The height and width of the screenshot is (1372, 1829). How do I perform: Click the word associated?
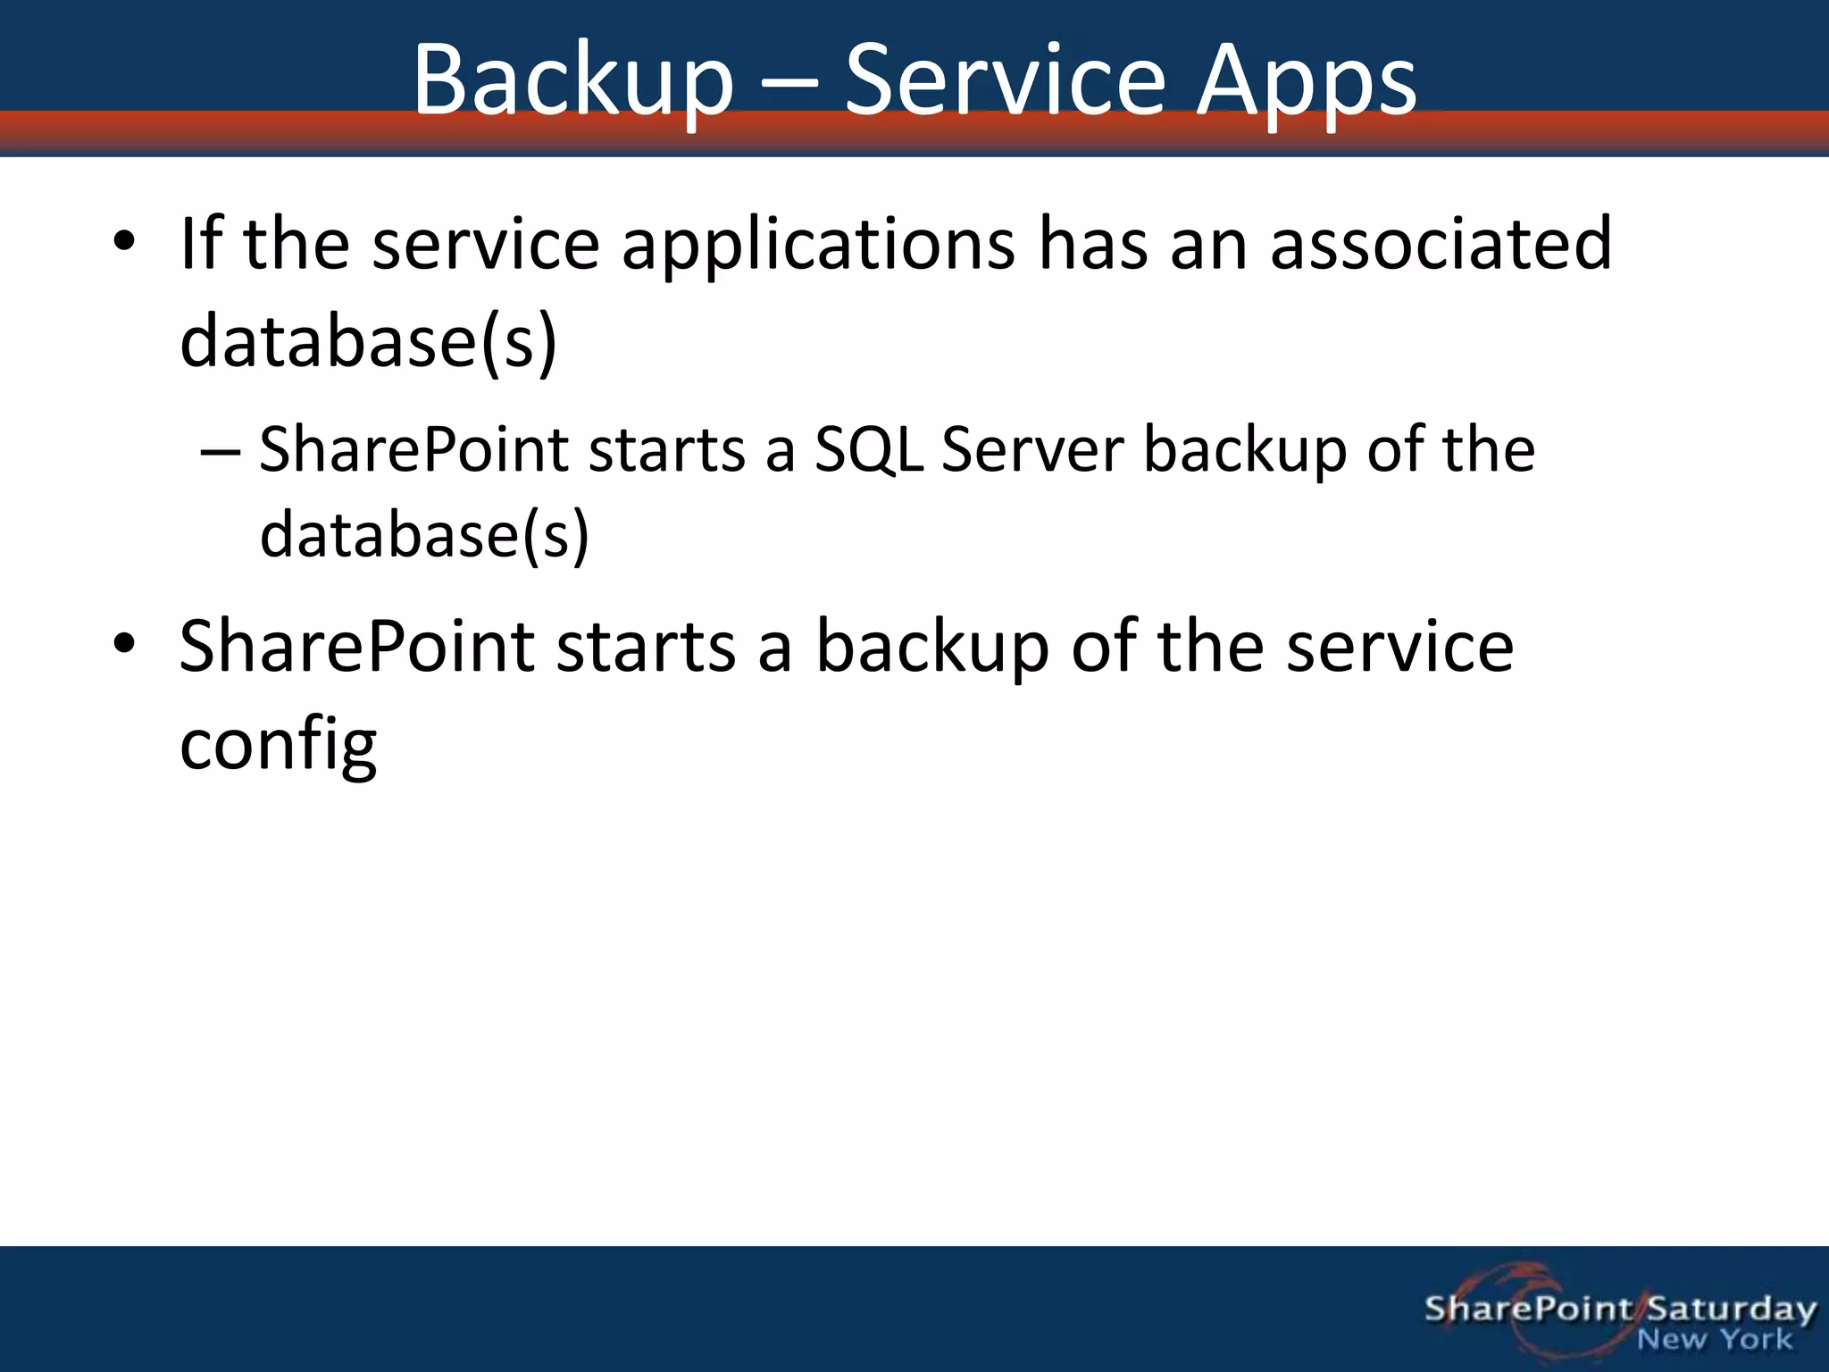1441,243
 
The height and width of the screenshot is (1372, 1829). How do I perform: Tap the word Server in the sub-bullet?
1031,449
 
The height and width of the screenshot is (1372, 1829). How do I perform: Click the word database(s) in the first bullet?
368,341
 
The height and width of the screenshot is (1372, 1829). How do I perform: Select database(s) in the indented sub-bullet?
424,534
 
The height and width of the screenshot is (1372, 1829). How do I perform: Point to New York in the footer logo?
1714,1340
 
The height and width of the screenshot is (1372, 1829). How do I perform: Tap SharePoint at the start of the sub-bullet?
413,449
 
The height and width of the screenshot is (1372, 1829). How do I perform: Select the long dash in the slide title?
788,83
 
